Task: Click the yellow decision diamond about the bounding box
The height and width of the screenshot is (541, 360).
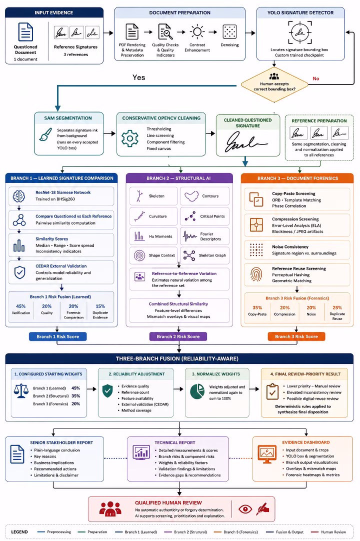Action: [274, 84]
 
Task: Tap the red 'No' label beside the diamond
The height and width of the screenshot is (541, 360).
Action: [316, 78]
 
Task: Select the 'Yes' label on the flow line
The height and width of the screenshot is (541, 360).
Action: [139, 77]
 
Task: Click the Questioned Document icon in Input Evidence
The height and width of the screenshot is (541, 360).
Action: [25, 32]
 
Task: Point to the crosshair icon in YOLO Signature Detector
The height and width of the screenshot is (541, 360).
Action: [300, 32]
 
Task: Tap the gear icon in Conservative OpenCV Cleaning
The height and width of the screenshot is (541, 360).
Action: [130, 138]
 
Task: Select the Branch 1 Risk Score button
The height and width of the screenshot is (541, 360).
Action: [57, 336]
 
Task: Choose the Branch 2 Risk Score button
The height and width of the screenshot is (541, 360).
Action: [178, 336]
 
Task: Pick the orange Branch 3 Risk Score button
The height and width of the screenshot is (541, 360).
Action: [296, 336]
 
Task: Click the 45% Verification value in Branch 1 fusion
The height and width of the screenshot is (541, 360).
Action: [20, 306]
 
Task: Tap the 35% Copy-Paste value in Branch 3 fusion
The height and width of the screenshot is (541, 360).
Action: [257, 307]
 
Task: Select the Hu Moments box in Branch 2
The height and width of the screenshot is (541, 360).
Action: [153, 236]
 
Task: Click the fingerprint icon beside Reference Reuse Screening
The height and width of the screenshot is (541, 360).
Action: [256, 274]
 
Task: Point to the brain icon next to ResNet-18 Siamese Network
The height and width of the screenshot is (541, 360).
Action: [19, 196]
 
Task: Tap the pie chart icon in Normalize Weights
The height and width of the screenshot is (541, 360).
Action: [197, 391]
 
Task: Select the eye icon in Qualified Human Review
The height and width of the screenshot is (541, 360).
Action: [245, 509]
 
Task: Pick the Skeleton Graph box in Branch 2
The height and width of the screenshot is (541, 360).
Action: [204, 255]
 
